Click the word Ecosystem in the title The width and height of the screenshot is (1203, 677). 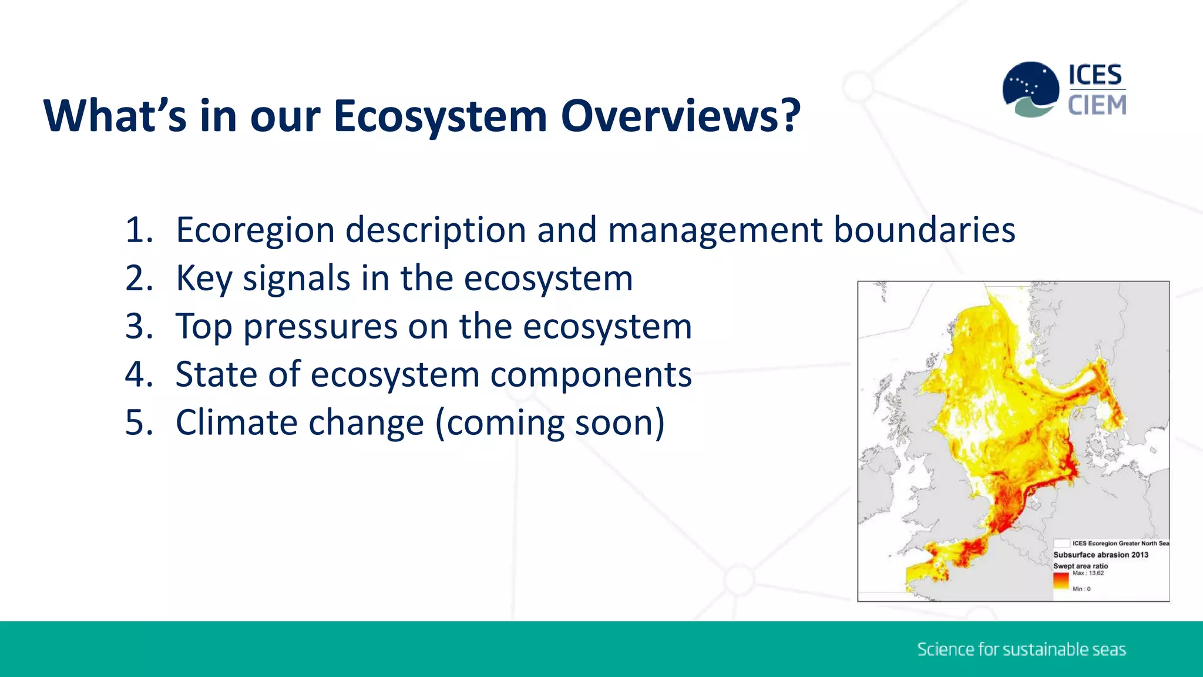(x=440, y=116)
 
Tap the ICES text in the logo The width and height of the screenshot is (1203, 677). (x=1095, y=75)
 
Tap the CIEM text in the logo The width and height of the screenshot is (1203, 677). (x=1097, y=106)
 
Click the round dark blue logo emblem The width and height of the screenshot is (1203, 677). (x=1031, y=88)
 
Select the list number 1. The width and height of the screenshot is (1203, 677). (x=138, y=230)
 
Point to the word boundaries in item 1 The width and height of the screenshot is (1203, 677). (x=924, y=230)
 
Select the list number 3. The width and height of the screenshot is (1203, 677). (x=138, y=327)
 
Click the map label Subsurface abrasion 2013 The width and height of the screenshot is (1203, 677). (x=1100, y=555)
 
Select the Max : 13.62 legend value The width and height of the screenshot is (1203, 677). (x=1088, y=573)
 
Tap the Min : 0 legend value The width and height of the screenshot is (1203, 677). (x=1081, y=589)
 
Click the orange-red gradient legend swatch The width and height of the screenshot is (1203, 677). (x=1061, y=581)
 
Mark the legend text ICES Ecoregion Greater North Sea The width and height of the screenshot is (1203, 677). (x=1120, y=544)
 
